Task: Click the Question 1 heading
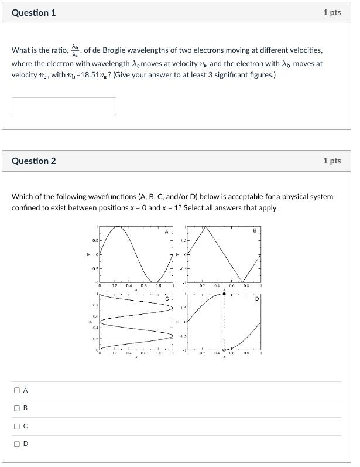pos(33,12)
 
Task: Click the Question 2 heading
pos(33,161)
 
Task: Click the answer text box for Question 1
pos(64,106)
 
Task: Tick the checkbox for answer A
pos(17,390)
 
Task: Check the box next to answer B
pos(17,408)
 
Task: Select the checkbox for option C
pos(17,426)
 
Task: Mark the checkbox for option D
pos(17,444)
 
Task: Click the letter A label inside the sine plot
pos(166,232)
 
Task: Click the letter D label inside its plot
pos(256,299)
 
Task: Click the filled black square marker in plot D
pos(224,294)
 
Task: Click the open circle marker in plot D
pos(224,349)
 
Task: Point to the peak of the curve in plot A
pos(118,227)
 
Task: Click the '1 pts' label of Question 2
pos(331,161)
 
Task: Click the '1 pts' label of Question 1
pos(331,12)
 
